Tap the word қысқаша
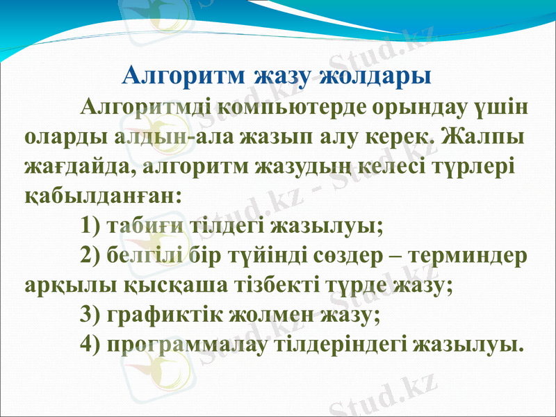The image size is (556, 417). tap(160, 286)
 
